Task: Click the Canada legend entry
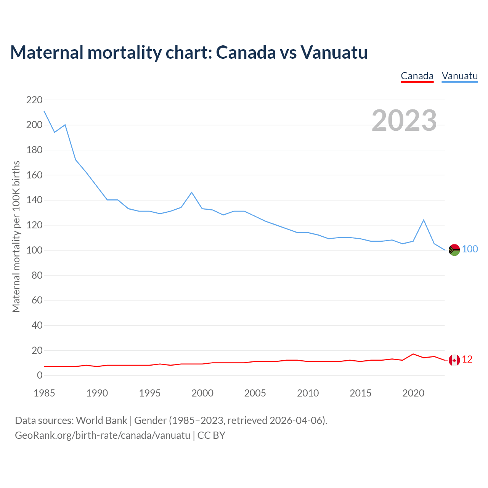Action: [x=417, y=76]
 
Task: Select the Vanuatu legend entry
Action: [x=459, y=76]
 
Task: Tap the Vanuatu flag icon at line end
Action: [x=454, y=250]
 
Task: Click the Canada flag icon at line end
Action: [x=454, y=360]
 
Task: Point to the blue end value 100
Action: [x=470, y=249]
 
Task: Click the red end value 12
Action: [x=467, y=360]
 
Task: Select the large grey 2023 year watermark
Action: [x=404, y=120]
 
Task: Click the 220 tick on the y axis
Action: [x=34, y=100]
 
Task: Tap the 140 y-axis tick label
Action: [x=34, y=200]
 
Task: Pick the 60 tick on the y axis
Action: [x=37, y=300]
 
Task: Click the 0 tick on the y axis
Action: [x=40, y=376]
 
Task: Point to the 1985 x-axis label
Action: [x=44, y=393]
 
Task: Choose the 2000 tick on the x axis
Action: [x=202, y=393]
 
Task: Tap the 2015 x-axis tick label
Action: [x=360, y=393]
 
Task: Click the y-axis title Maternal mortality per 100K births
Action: [x=16, y=236]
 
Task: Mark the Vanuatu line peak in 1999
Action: [x=191, y=193]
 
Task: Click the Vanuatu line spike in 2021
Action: [x=424, y=220]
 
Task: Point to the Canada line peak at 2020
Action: [x=413, y=354]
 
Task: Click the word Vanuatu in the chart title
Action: [x=334, y=52]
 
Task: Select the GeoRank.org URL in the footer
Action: [x=103, y=435]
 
